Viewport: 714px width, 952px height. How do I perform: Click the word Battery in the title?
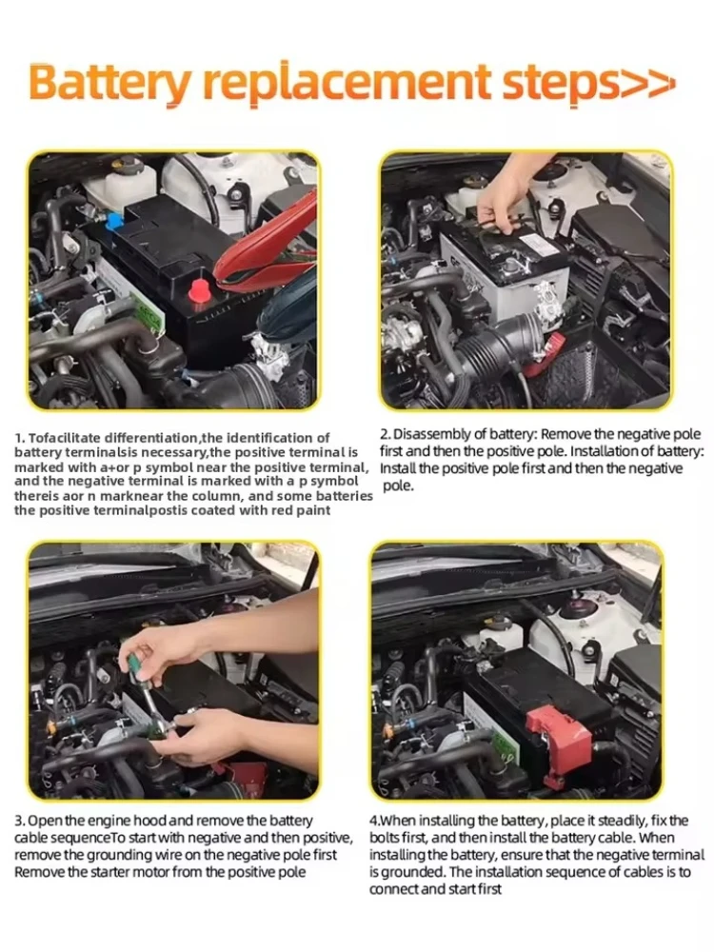click(x=109, y=84)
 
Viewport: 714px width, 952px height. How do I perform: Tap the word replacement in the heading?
click(x=346, y=84)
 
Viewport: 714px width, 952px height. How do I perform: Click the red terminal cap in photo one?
click(x=200, y=292)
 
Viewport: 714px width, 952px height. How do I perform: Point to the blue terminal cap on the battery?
click(x=113, y=221)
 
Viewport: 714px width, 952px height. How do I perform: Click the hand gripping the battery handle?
click(x=503, y=193)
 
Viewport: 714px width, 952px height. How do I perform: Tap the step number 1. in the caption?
click(x=19, y=438)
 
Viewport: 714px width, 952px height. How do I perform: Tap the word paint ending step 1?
click(x=314, y=510)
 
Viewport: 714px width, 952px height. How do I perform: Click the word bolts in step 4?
click(x=383, y=839)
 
